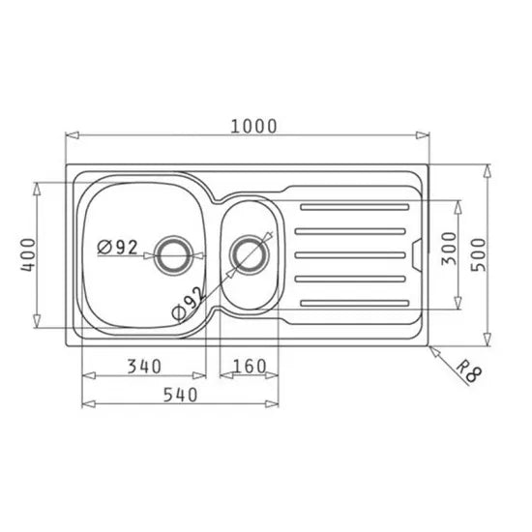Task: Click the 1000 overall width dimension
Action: click(253, 126)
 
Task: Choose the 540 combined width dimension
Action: click(180, 395)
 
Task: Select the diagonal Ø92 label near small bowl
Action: click(187, 302)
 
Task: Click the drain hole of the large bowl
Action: click(175, 254)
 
